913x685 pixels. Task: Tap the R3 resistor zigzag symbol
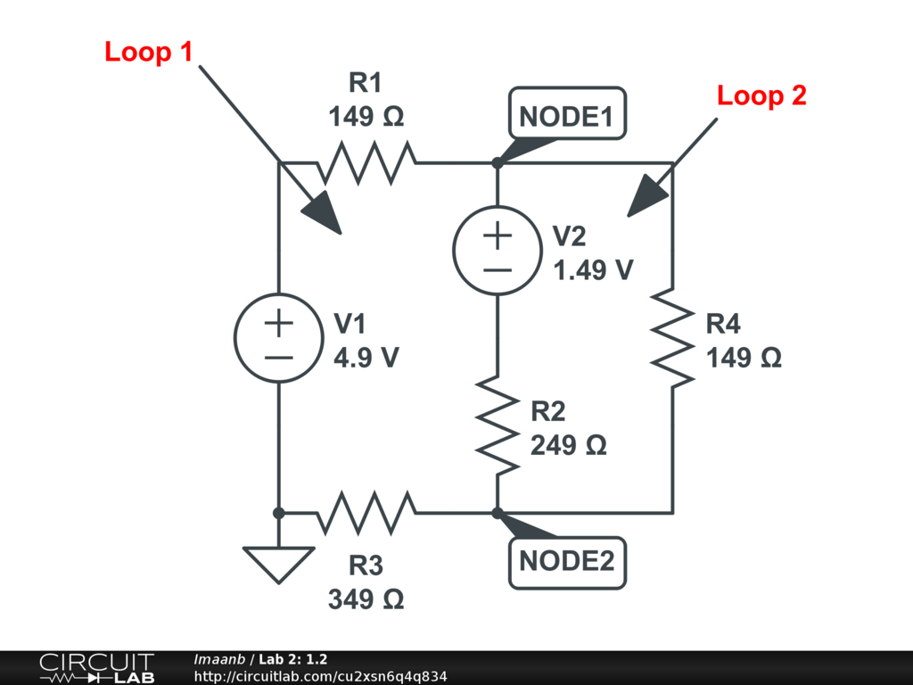click(x=366, y=513)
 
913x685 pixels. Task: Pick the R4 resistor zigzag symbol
click(x=672, y=336)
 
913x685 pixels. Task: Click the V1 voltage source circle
click(x=278, y=338)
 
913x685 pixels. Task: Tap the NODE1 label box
click(x=567, y=117)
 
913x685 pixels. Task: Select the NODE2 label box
click(x=567, y=561)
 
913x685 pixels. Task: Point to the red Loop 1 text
click(x=148, y=52)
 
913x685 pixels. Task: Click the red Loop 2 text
click(x=761, y=96)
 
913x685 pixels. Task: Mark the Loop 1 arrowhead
click(x=323, y=215)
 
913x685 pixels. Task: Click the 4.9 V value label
click(x=366, y=358)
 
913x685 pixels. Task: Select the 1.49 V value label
click(x=593, y=270)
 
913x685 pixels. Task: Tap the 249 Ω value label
click(x=568, y=445)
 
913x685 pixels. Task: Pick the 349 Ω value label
click(x=366, y=599)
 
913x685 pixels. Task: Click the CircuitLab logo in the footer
click(x=96, y=668)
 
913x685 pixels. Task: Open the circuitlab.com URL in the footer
click(x=320, y=676)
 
